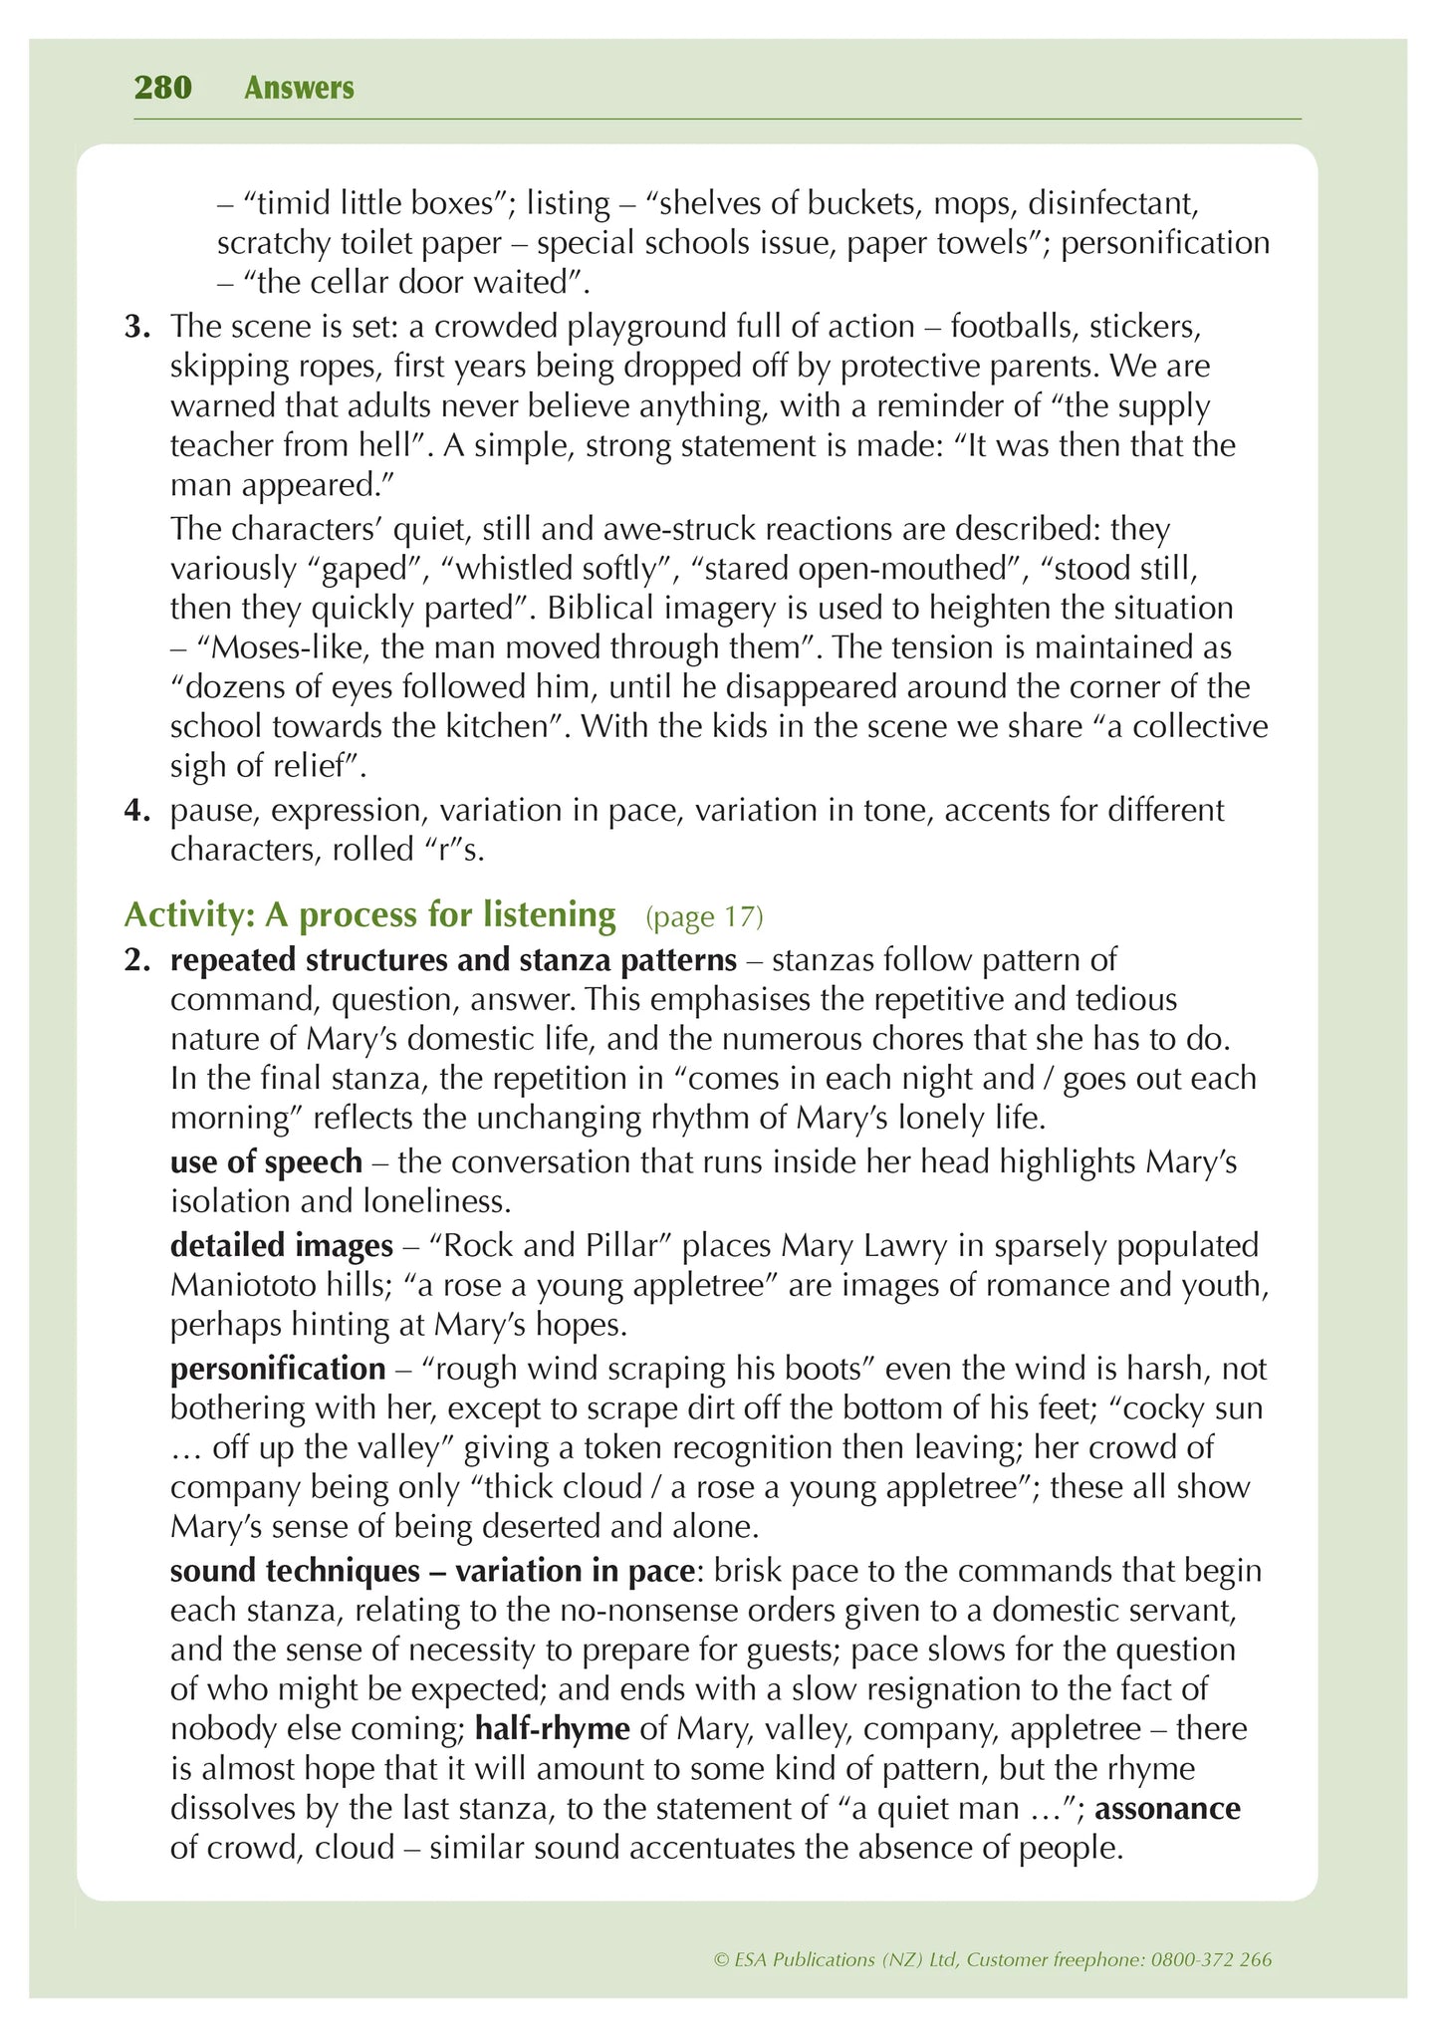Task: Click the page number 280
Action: (x=162, y=88)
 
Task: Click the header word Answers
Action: (x=299, y=88)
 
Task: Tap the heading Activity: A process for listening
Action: (x=369, y=914)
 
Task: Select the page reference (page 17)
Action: (x=704, y=916)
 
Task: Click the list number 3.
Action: (x=136, y=327)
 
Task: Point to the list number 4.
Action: (x=136, y=810)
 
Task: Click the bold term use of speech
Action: (x=266, y=1161)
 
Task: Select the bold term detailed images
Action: (x=282, y=1245)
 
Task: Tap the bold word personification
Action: (x=278, y=1369)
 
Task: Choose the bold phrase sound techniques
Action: (x=294, y=1570)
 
